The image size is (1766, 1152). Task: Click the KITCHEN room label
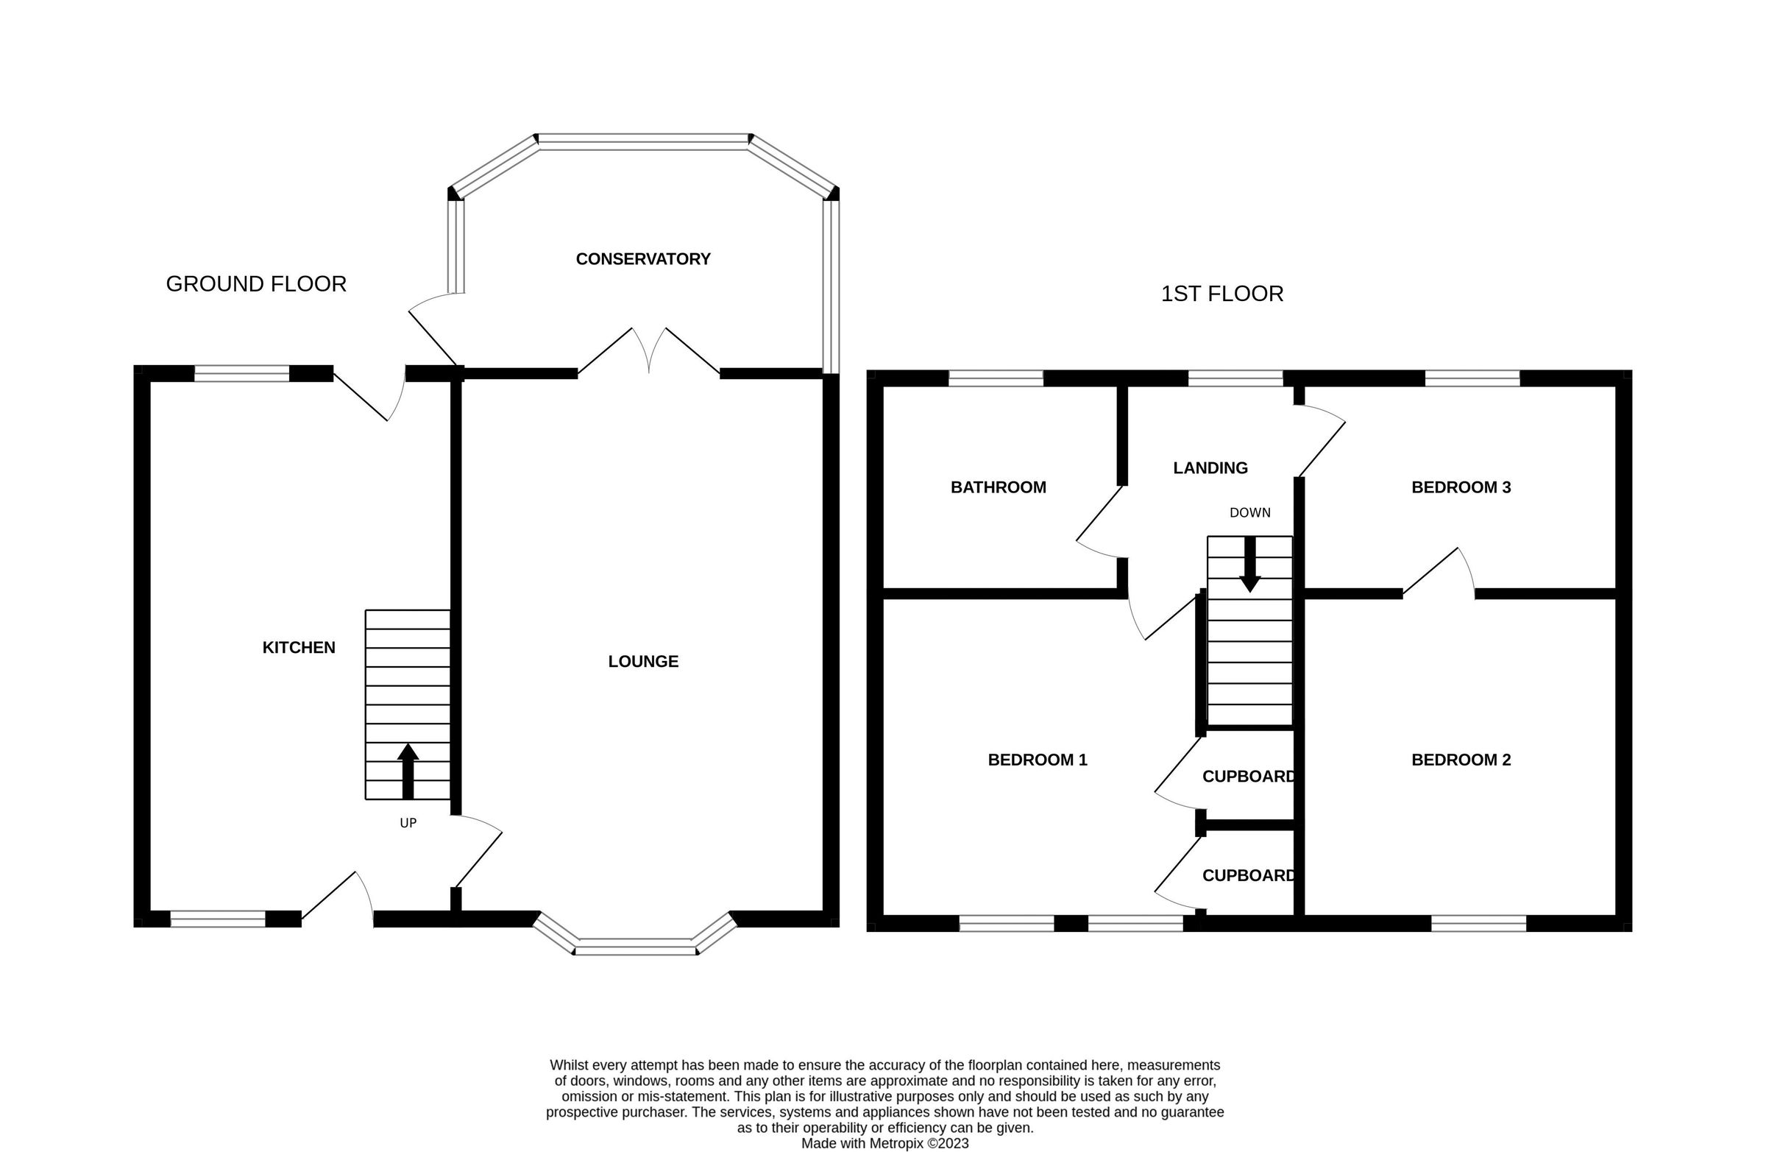[x=299, y=647]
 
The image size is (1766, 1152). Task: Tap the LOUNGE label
[x=643, y=661]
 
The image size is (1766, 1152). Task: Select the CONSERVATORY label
[x=643, y=259]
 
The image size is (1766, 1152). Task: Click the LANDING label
[x=1210, y=467]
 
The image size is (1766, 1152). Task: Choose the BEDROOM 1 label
[x=1038, y=760]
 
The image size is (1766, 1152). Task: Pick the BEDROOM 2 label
[x=1461, y=760]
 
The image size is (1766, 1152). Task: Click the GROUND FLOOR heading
[x=256, y=283]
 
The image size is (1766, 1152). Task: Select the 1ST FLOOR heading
[x=1222, y=293]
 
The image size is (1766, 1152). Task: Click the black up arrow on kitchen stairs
[x=408, y=771]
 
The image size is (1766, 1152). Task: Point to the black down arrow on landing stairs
[x=1250, y=564]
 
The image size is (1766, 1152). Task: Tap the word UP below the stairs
[x=408, y=822]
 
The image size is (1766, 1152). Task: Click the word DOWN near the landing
[x=1250, y=512]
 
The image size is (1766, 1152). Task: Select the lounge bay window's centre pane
[x=636, y=947]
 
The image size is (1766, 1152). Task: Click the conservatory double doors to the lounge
[x=649, y=350]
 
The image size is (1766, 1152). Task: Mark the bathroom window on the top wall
[x=996, y=378]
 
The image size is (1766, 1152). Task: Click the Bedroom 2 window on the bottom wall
[x=1478, y=923]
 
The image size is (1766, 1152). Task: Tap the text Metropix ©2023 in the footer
[x=919, y=1143]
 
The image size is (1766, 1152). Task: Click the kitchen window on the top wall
[x=241, y=373]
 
